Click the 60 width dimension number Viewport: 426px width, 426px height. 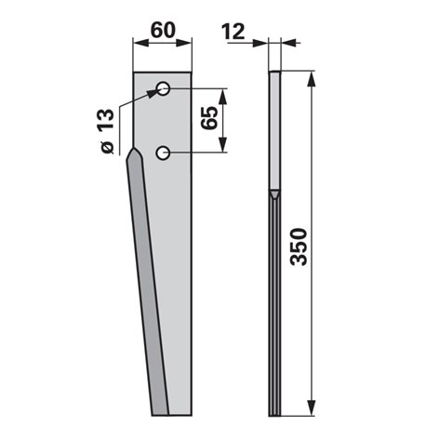tap(163, 30)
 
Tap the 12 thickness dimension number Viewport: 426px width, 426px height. tap(233, 32)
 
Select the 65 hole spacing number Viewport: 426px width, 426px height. tap(209, 118)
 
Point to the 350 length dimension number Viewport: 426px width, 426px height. tap(299, 246)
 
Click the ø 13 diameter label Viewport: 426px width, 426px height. tap(107, 131)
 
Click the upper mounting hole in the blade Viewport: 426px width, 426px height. tap(163, 89)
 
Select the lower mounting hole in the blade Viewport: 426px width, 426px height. tap(163, 153)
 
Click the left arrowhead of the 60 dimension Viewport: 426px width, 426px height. tap(140, 43)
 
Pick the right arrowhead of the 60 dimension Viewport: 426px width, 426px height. tap(184, 43)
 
